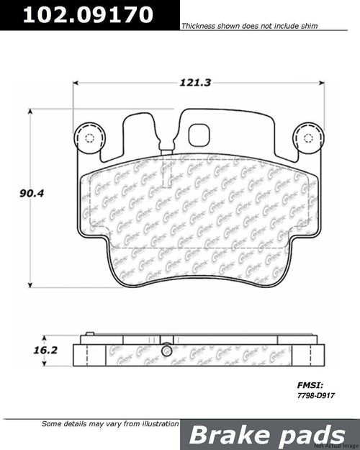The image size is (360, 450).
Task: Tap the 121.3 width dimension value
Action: coord(194,83)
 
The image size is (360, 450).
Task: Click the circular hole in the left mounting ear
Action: coord(91,139)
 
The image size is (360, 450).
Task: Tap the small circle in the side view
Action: coord(167,351)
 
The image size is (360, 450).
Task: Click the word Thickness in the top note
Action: coord(197,26)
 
